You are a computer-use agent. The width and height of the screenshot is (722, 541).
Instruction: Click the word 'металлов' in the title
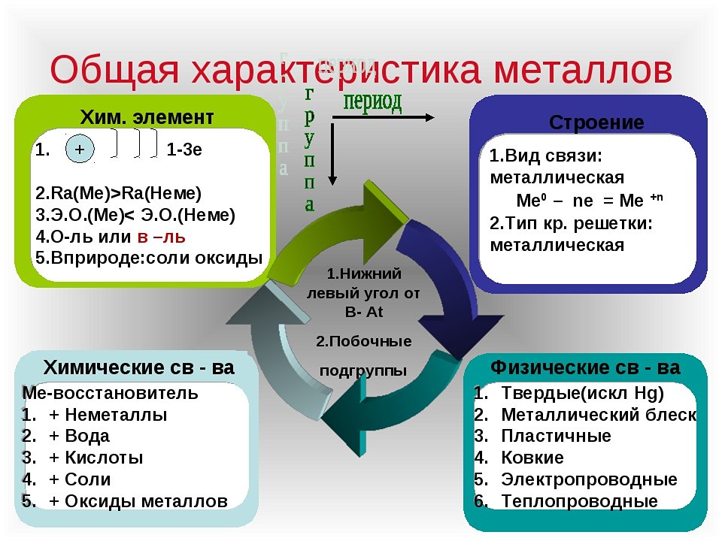pyautogui.click(x=584, y=69)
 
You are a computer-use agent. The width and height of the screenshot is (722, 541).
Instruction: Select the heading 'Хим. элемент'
pyautogui.click(x=147, y=117)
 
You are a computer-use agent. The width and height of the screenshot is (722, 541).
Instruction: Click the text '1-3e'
pyautogui.click(x=184, y=150)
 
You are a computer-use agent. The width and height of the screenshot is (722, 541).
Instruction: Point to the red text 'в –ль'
pyautogui.click(x=161, y=237)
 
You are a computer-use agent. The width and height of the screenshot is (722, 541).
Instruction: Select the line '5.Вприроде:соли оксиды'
pyautogui.click(x=149, y=258)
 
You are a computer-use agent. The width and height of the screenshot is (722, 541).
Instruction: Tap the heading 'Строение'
pyautogui.click(x=596, y=122)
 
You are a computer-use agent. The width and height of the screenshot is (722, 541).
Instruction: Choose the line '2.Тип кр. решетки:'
pyautogui.click(x=571, y=223)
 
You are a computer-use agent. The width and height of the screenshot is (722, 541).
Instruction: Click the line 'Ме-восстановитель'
pyautogui.click(x=111, y=392)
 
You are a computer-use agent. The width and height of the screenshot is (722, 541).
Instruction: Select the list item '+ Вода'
pyautogui.click(x=80, y=436)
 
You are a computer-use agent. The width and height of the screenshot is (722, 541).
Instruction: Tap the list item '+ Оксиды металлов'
pyautogui.click(x=138, y=501)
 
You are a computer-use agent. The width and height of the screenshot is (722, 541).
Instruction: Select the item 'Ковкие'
pyautogui.click(x=532, y=458)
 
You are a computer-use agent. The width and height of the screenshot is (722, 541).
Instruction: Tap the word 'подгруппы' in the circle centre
pyautogui.click(x=363, y=370)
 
